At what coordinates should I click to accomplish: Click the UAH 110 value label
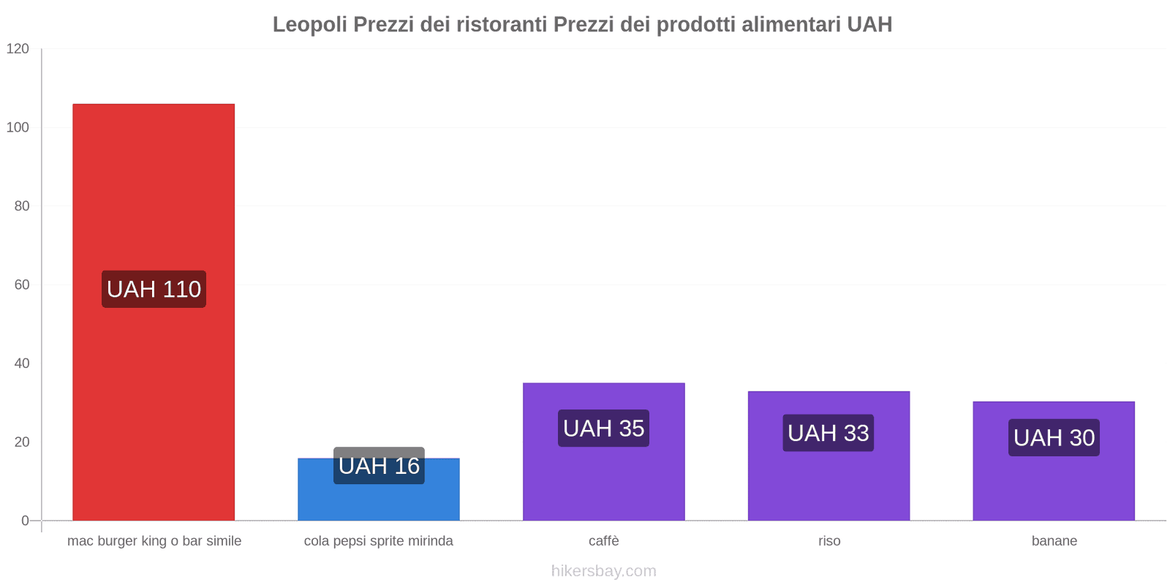[154, 289]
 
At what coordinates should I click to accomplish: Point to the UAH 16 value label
[379, 466]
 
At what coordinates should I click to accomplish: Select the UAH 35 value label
[603, 429]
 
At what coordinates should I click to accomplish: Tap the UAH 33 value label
[829, 433]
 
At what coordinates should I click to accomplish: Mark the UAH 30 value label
[1054, 437]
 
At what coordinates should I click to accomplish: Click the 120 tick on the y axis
[18, 49]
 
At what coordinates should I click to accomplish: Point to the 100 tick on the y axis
[18, 127]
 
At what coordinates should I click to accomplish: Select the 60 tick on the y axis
[21, 284]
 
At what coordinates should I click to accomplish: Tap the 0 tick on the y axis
[25, 521]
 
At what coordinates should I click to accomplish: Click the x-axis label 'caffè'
[603, 541]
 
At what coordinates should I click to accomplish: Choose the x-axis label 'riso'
[829, 541]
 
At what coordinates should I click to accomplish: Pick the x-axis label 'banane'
[1054, 541]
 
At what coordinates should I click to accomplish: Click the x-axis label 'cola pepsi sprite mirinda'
[378, 541]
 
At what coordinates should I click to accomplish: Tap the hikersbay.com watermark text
[603, 571]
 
